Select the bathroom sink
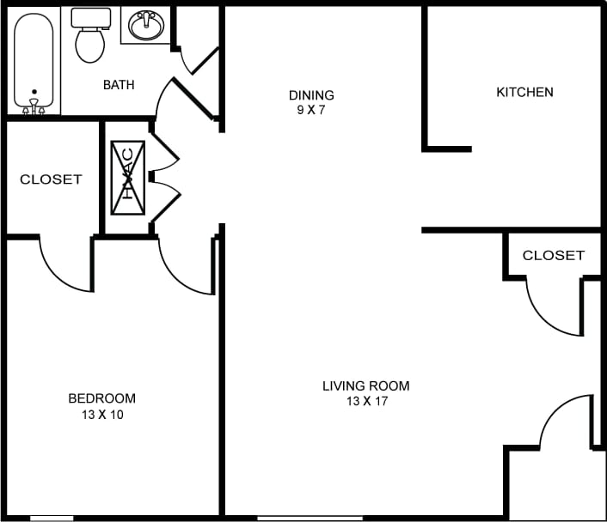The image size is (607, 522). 147,26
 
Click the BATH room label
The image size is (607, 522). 120,84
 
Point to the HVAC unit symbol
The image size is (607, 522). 127,178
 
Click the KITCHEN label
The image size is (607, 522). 524,92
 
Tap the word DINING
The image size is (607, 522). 310,95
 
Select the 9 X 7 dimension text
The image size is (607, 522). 310,110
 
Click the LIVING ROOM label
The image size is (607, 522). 365,385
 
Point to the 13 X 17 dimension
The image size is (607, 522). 365,401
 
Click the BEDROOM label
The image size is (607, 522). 101,398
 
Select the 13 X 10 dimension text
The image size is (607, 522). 101,414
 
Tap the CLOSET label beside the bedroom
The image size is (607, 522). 51,179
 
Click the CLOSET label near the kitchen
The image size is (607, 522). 553,255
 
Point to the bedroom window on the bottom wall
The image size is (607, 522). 52,518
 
